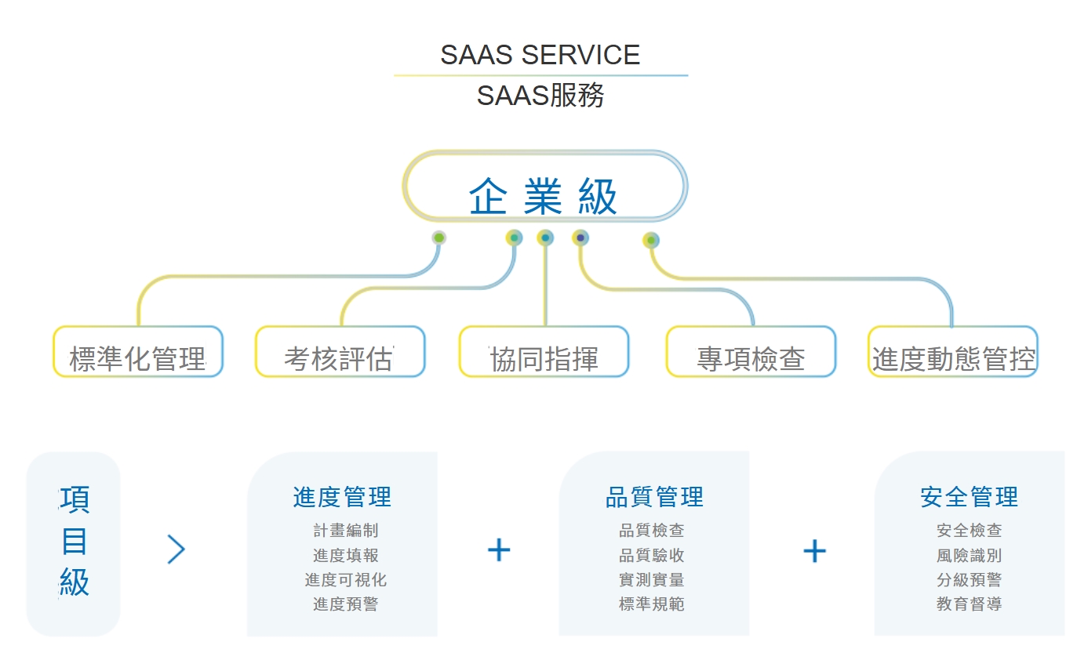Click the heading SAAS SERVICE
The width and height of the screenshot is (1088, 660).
click(x=540, y=54)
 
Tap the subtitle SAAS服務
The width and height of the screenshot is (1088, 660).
click(x=540, y=95)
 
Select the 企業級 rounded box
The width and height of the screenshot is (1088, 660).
click(x=545, y=186)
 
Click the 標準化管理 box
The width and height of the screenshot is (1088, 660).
click(x=138, y=351)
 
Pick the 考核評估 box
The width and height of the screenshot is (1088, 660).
click(x=340, y=351)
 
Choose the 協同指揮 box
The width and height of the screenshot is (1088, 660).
click(x=544, y=351)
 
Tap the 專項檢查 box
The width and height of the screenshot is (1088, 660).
click(x=751, y=351)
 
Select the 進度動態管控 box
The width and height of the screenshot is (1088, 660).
click(x=953, y=351)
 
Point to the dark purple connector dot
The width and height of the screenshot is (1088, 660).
click(x=580, y=238)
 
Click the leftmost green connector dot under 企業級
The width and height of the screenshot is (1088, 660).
click(x=439, y=238)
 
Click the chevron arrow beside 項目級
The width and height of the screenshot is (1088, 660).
click(x=176, y=549)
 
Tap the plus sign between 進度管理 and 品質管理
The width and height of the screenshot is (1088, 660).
click(x=499, y=549)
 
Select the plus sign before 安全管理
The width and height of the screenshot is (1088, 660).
click(x=814, y=551)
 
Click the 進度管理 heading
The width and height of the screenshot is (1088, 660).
click(x=342, y=497)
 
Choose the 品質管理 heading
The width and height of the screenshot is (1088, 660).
click(x=654, y=497)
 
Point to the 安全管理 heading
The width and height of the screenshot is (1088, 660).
click(x=969, y=497)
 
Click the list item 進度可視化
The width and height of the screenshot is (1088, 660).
click(x=345, y=579)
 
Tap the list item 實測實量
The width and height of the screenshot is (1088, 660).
click(x=651, y=579)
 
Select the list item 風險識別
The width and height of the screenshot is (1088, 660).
click(x=969, y=555)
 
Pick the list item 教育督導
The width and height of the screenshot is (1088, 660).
click(x=969, y=604)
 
